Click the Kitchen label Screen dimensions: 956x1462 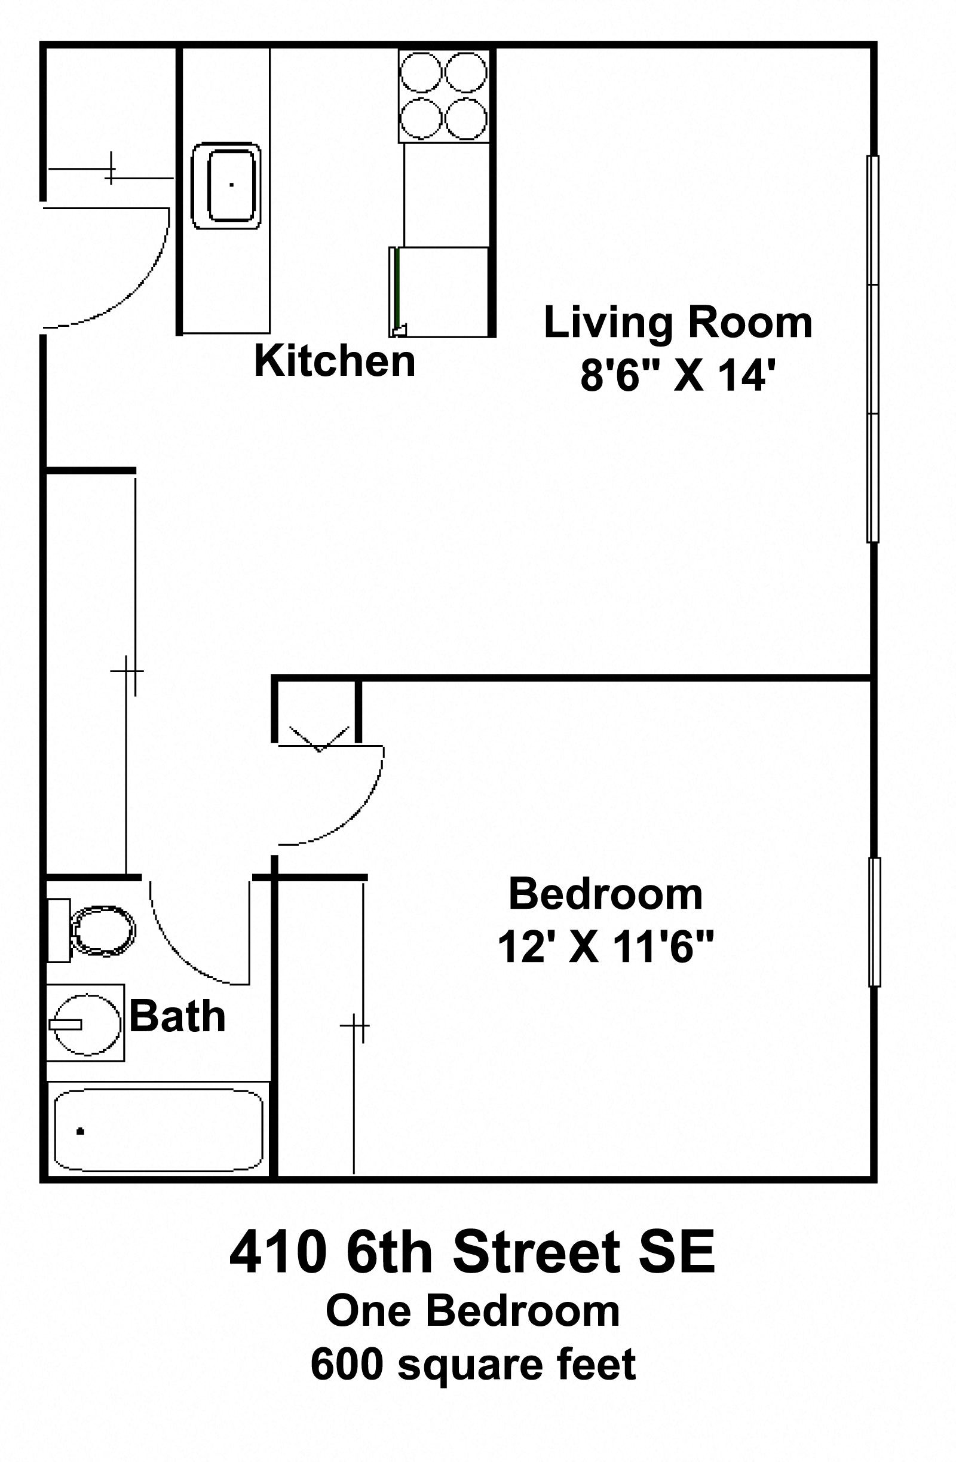click(335, 361)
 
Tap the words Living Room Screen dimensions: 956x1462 click(678, 323)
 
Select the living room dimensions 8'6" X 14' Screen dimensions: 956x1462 click(674, 375)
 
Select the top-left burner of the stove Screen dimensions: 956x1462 click(421, 72)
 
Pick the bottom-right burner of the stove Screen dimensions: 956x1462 click(466, 118)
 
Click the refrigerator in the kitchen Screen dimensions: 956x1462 click(439, 292)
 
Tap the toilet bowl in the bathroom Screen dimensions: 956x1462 click(103, 931)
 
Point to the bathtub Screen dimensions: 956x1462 click(158, 1130)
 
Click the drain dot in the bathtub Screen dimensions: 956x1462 click(80, 1132)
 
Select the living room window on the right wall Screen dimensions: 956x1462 click(873, 349)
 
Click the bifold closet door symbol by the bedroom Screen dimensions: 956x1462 click(320, 740)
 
